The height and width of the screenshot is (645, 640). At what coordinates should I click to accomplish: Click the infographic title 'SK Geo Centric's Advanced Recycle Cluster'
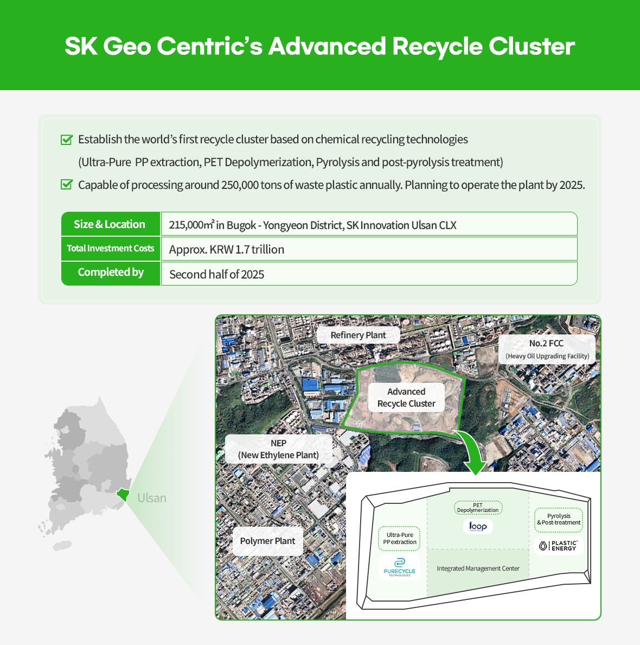[x=319, y=47]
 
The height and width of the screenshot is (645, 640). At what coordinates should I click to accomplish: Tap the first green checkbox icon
[x=67, y=140]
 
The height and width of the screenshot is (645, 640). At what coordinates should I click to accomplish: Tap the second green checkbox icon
[x=67, y=185]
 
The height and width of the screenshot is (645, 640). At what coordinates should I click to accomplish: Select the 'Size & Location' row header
[x=110, y=224]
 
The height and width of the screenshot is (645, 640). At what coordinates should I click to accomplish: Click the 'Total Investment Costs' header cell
[x=110, y=249]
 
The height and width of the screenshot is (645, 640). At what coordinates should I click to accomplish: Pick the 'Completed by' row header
[x=110, y=273]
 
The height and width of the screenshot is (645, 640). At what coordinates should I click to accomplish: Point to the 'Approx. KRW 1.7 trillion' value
[x=227, y=250]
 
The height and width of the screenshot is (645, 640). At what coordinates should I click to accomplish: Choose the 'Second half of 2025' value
[x=217, y=275]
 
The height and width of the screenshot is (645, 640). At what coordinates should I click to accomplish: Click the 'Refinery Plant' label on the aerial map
[x=358, y=335]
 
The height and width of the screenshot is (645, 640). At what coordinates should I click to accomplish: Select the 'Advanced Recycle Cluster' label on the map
[x=406, y=397]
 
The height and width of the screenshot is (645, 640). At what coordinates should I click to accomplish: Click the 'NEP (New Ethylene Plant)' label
[x=278, y=449]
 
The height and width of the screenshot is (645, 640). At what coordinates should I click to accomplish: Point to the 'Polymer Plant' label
[x=267, y=541]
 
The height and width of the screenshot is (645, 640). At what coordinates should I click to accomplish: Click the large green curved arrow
[x=471, y=451]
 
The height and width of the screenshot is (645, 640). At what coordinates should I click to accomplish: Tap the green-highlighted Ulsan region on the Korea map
[x=124, y=494]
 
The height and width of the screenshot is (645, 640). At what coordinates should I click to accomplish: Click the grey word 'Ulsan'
[x=152, y=498]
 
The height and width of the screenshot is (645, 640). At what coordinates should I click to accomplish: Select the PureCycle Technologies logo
[x=399, y=567]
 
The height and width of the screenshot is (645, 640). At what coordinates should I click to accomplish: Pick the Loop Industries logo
[x=478, y=526]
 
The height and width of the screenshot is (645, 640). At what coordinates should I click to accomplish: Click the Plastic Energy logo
[x=559, y=545]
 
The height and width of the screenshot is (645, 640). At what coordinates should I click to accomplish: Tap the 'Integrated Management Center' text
[x=478, y=568]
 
